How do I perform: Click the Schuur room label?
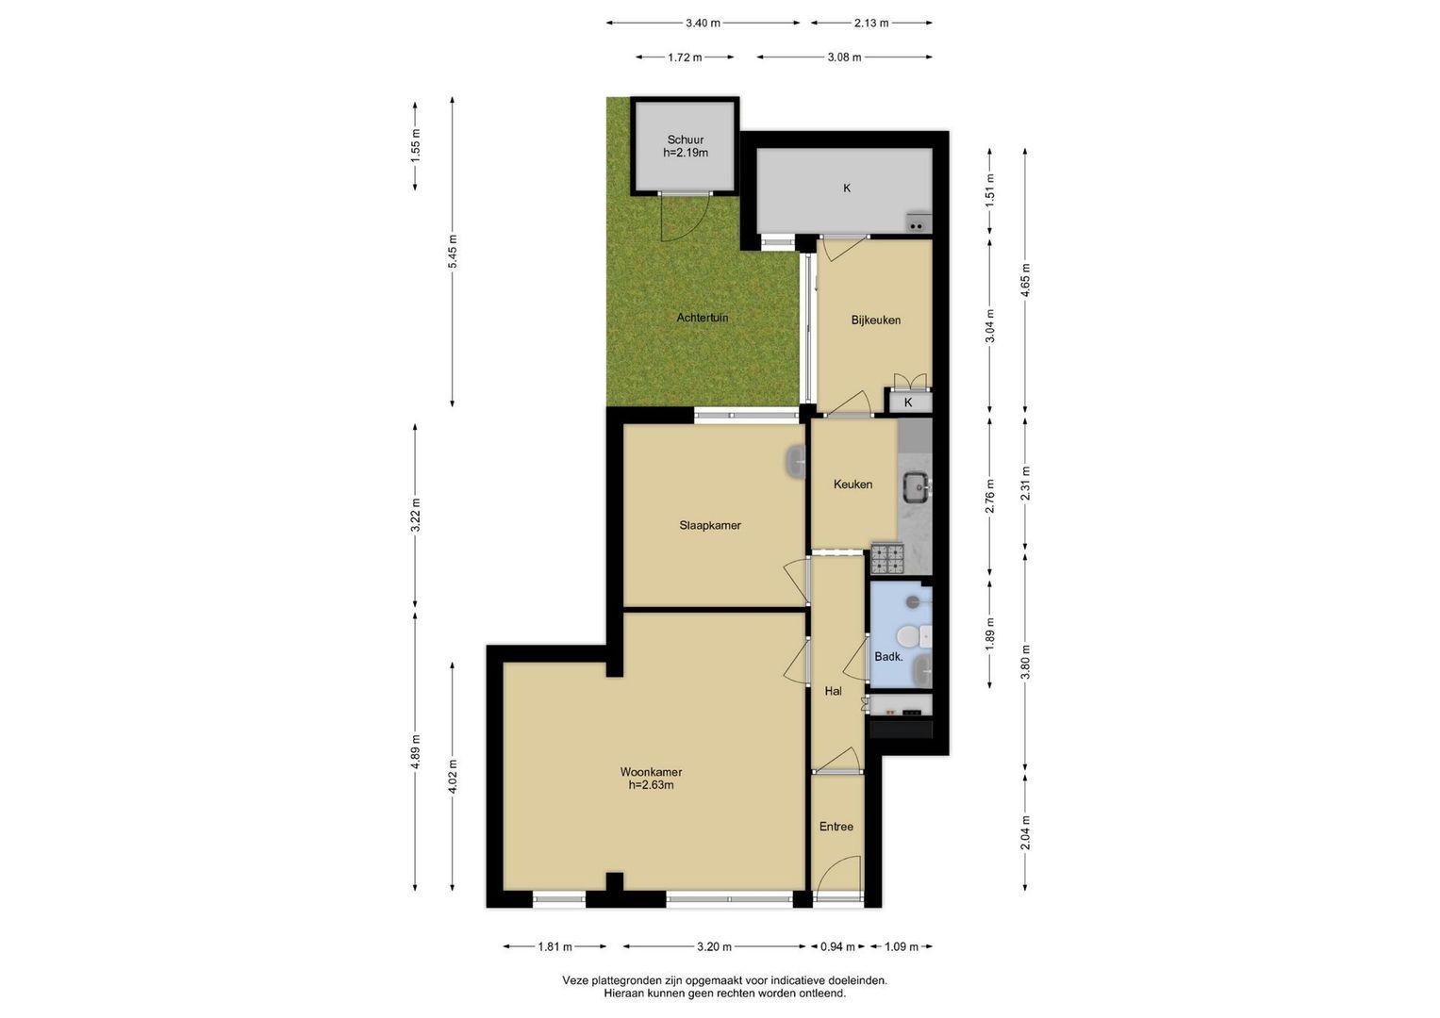tap(686, 140)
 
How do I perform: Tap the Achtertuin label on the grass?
tap(703, 318)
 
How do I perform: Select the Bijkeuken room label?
tap(875, 320)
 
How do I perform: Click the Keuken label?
tap(853, 484)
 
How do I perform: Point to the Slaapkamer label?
tap(710, 526)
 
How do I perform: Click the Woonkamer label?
tap(652, 772)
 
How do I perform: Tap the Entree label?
tap(836, 827)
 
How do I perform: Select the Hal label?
tap(834, 691)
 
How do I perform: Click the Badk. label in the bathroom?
tap(889, 657)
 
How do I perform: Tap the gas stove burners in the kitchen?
tap(887, 559)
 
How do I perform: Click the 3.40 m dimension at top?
tap(703, 24)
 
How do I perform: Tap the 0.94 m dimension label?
tap(837, 946)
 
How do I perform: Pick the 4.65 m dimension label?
tap(1025, 280)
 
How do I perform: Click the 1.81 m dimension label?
tap(554, 946)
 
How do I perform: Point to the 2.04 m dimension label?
tap(1025, 832)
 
